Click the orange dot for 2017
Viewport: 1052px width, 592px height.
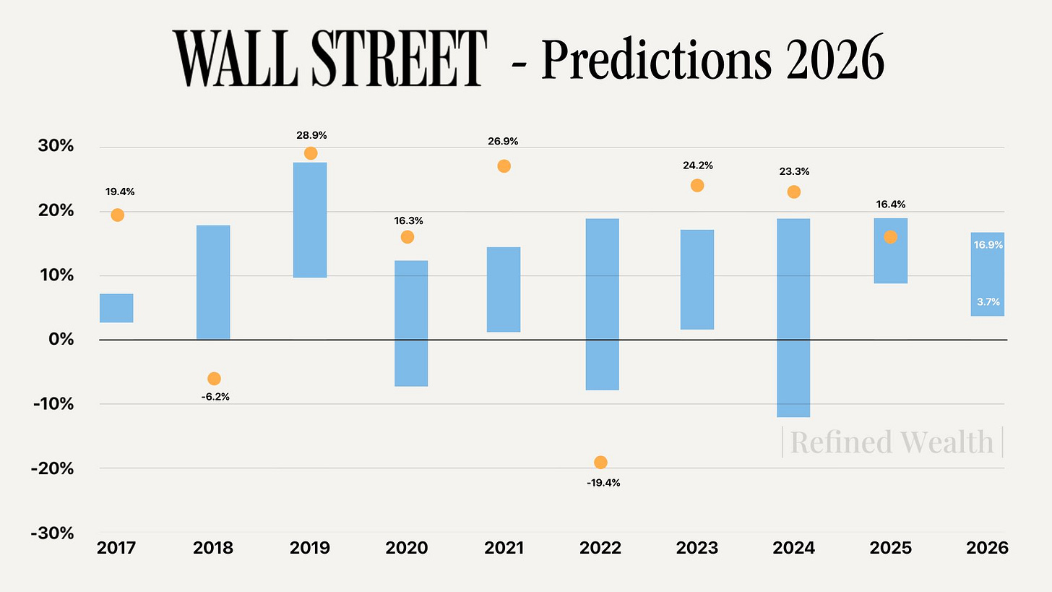coord(117,215)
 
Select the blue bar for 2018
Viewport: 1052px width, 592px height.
coord(213,282)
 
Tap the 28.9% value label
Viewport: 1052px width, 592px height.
coord(311,135)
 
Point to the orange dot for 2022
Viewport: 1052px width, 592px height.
coord(600,463)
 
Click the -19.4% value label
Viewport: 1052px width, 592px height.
coord(603,483)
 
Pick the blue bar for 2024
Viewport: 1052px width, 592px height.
coord(793,318)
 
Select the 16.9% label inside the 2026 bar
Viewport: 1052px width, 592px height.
coord(988,245)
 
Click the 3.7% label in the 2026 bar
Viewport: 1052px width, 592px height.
coord(988,302)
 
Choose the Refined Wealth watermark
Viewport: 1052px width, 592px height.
coord(892,442)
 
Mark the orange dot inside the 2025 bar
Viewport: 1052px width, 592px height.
coord(890,237)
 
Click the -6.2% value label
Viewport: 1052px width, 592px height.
coord(214,397)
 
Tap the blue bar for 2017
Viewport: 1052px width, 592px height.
coord(116,308)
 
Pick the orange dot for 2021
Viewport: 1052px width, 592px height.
coord(504,166)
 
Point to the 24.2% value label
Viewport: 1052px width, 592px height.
coord(697,166)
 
